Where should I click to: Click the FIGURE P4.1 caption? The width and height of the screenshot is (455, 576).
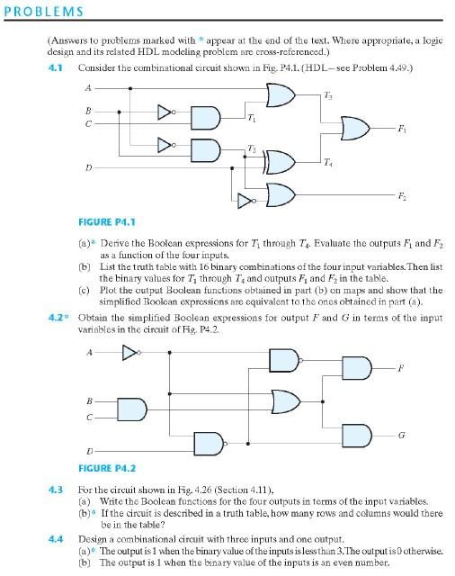coord(108,219)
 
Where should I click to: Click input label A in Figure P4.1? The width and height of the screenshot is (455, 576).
coord(87,86)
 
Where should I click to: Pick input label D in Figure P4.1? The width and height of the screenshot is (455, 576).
coord(87,167)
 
